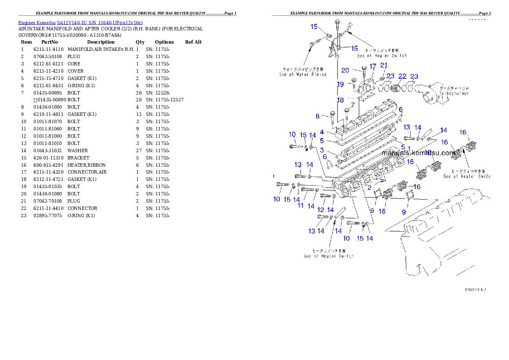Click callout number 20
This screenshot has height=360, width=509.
click(x=345, y=71)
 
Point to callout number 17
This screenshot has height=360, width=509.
click(x=373, y=66)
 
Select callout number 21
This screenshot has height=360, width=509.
click(x=384, y=65)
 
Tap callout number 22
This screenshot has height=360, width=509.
click(x=402, y=76)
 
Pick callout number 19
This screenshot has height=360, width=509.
click(x=340, y=84)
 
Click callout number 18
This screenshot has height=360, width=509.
click(x=340, y=100)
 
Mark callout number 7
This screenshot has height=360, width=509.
click(x=352, y=105)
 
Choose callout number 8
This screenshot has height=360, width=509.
click(x=317, y=116)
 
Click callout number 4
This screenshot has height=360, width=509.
click(x=322, y=132)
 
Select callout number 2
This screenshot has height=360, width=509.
click(x=369, y=187)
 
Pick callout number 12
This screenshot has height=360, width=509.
click(x=321, y=210)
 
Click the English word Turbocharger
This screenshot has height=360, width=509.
click(x=454, y=93)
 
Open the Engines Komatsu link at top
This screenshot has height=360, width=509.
click(x=80, y=22)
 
